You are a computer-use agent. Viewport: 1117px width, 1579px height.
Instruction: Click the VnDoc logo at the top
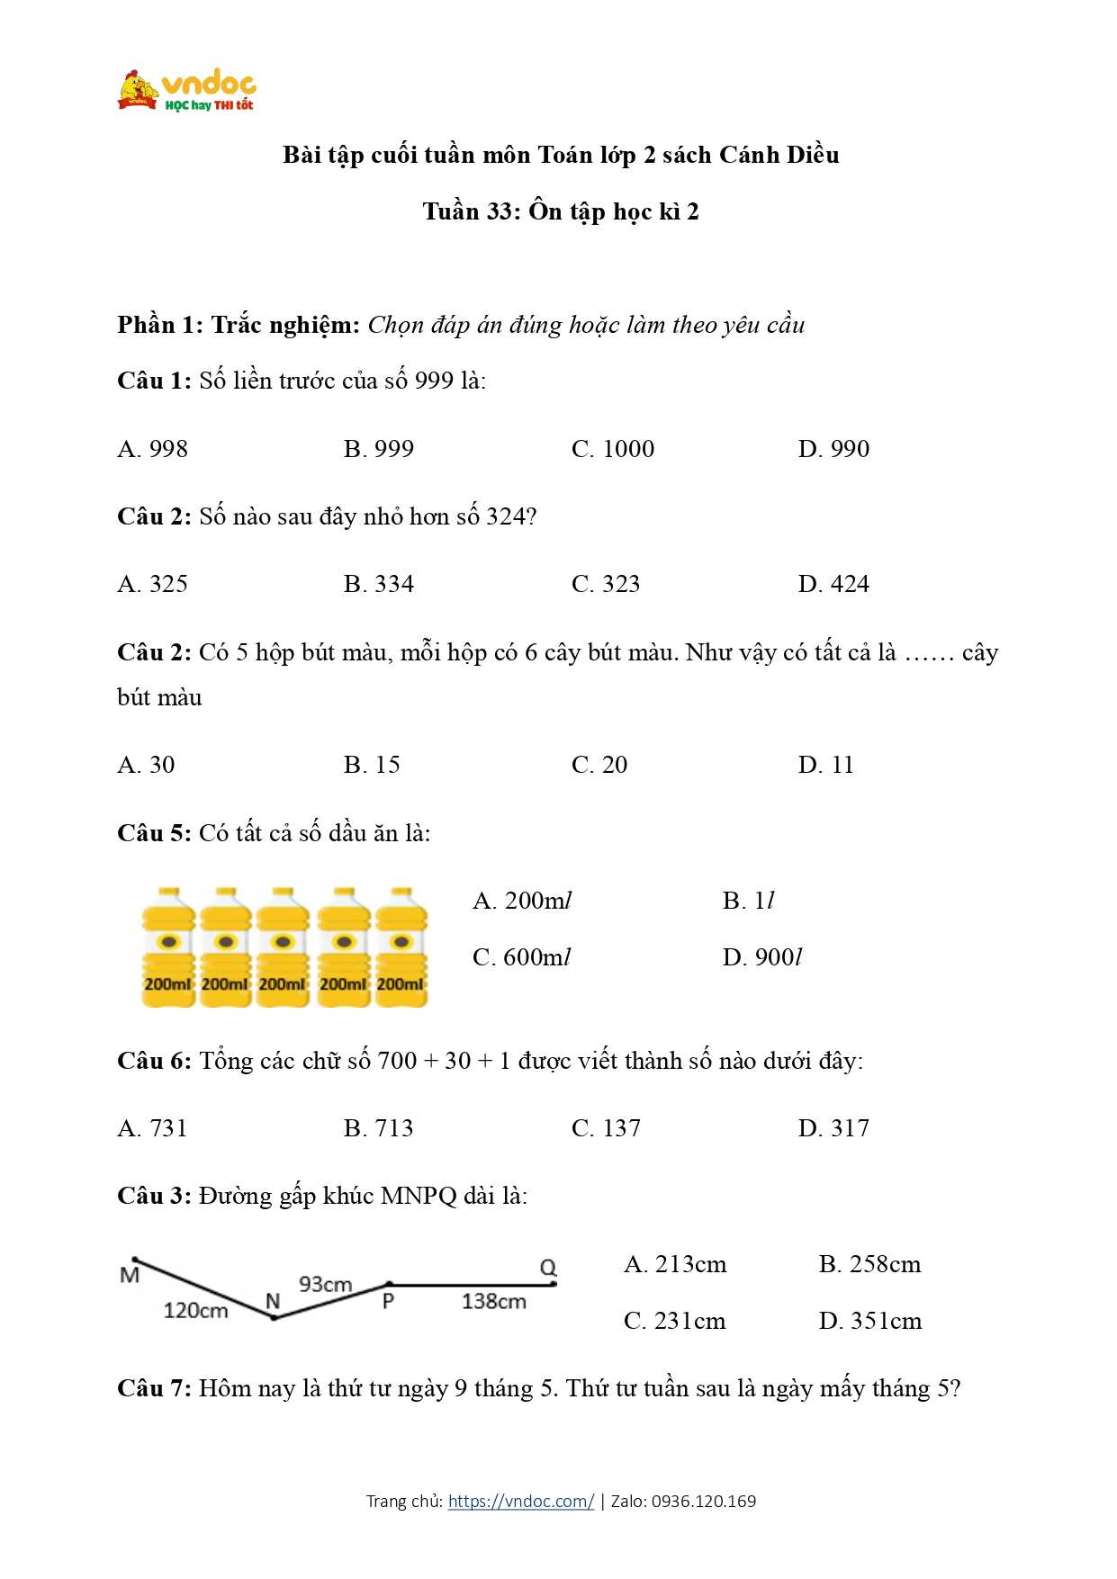pos(187,91)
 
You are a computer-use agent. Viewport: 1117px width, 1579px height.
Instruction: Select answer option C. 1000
pos(612,449)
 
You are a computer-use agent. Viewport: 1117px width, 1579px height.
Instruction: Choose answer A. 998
pos(152,449)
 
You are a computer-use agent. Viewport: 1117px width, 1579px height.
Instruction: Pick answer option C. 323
pos(605,584)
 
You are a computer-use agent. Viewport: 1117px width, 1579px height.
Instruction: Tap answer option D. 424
pos(833,584)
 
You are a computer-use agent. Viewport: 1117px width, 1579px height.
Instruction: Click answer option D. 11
pos(824,765)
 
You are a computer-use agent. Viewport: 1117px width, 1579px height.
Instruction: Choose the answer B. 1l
pos(747,901)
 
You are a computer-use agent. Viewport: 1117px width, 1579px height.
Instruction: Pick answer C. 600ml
pos(521,957)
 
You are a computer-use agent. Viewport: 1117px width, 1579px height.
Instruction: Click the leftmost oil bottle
pos(167,947)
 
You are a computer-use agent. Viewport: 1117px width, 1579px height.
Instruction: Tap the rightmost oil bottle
pos(401,947)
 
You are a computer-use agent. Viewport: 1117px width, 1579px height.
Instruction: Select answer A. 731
pos(152,1128)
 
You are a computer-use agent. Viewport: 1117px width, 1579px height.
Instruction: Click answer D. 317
pos(833,1128)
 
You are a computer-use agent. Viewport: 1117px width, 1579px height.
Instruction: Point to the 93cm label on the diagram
pos(325,1284)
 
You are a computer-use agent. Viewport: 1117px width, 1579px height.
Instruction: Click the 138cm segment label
pos(493,1301)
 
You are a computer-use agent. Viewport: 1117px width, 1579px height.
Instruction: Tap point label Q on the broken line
pos(548,1268)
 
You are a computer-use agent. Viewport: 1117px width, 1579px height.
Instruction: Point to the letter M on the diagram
pos(130,1275)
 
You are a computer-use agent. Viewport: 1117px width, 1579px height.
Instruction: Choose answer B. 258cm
pos(869,1264)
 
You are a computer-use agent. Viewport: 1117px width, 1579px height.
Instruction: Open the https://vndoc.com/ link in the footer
pos(520,1501)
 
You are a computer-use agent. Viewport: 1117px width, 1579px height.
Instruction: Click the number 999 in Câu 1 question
pos(434,381)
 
